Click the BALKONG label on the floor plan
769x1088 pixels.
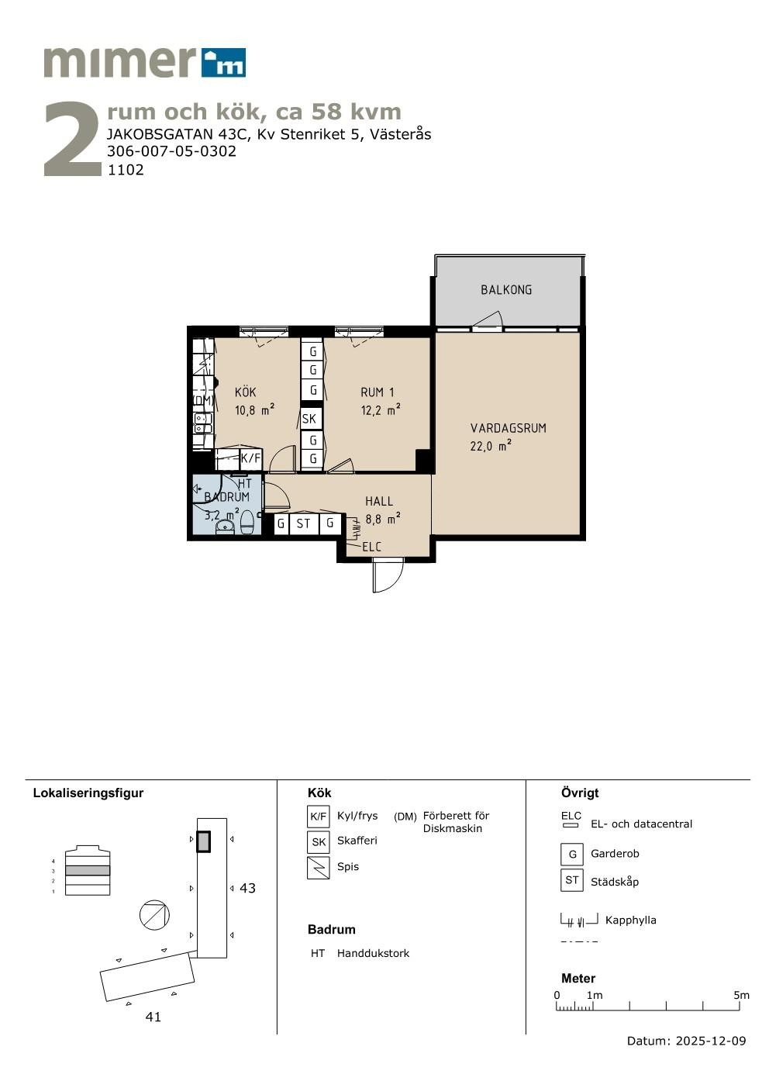click(x=506, y=290)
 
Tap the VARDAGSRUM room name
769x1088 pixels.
click(x=508, y=428)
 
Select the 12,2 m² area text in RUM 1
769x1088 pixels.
click(x=381, y=410)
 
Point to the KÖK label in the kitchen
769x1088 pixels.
click(x=245, y=392)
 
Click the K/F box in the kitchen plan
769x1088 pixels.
click(x=251, y=458)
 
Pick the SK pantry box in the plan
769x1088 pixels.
click(x=309, y=419)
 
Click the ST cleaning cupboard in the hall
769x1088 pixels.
click(x=303, y=523)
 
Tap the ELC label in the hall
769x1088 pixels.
click(x=372, y=547)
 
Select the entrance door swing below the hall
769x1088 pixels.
click(x=388, y=575)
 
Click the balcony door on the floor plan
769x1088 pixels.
click(x=488, y=320)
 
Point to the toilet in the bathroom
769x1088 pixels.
click(x=247, y=521)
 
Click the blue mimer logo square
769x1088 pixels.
click(x=223, y=63)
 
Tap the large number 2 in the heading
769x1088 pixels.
click(x=72, y=139)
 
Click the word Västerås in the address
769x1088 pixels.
click(x=401, y=134)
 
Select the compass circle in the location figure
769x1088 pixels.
click(x=154, y=915)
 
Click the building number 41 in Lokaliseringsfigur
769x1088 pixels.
click(x=153, y=1017)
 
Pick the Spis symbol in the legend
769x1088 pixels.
click(x=319, y=868)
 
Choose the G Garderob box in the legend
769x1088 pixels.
click(x=572, y=855)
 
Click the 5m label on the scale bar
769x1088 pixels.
click(x=741, y=995)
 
